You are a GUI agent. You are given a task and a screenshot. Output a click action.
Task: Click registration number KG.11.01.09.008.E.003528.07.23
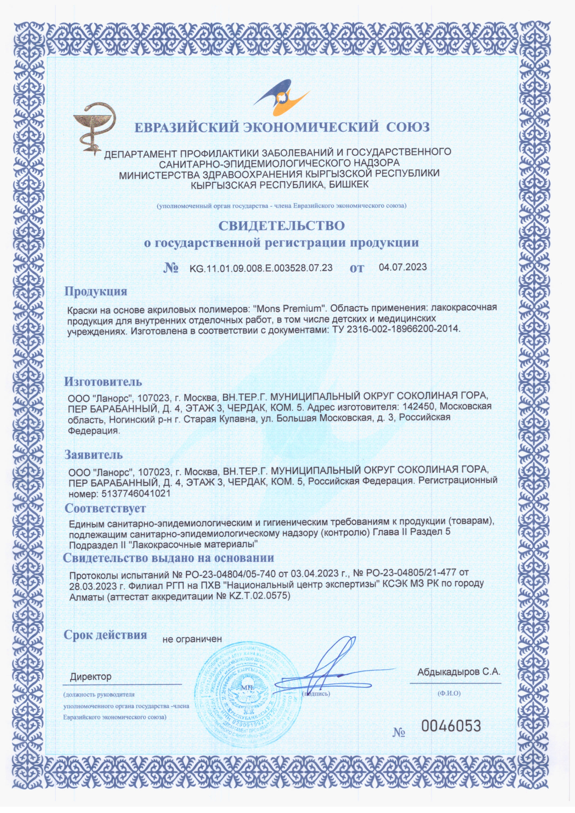[x=261, y=268]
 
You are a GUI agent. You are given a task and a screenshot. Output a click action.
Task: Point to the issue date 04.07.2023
[x=403, y=267]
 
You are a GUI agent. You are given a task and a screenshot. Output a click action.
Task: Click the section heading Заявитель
[x=94, y=455]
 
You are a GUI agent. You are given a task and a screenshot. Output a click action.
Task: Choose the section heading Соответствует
[x=105, y=508]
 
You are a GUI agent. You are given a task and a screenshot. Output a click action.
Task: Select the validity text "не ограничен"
[x=192, y=639]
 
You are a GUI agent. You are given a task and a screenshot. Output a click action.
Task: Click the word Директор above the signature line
[x=91, y=677]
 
